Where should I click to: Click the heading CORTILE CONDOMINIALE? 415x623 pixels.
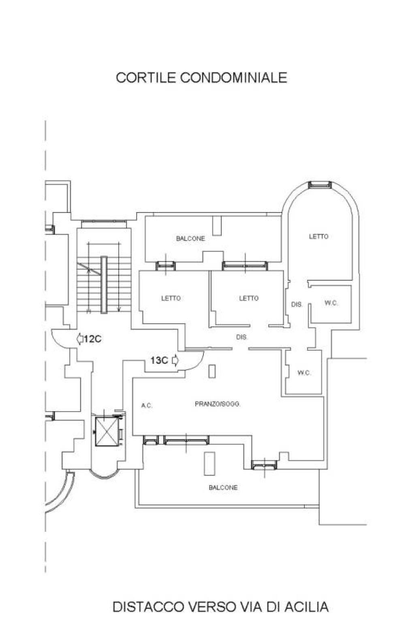click(201, 77)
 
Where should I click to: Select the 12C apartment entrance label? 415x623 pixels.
click(92, 339)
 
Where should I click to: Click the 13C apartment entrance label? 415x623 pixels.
click(159, 361)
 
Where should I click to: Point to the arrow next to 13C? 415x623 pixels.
click(175, 361)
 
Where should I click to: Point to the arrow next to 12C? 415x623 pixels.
click(80, 339)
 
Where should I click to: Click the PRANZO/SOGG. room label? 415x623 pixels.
click(217, 404)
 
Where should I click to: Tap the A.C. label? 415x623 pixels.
click(147, 406)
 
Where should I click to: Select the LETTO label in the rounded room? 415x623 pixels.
click(319, 236)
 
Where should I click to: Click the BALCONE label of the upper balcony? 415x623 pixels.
click(191, 238)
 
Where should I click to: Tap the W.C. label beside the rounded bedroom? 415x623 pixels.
click(331, 303)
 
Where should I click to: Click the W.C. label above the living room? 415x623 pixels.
click(304, 373)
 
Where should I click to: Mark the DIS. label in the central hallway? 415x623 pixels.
click(242, 337)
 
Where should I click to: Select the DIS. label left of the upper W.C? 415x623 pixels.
click(297, 305)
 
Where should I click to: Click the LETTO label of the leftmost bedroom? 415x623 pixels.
click(171, 298)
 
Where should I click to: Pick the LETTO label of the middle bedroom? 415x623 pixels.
click(249, 298)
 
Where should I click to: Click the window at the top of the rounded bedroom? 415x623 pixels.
click(321, 184)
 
